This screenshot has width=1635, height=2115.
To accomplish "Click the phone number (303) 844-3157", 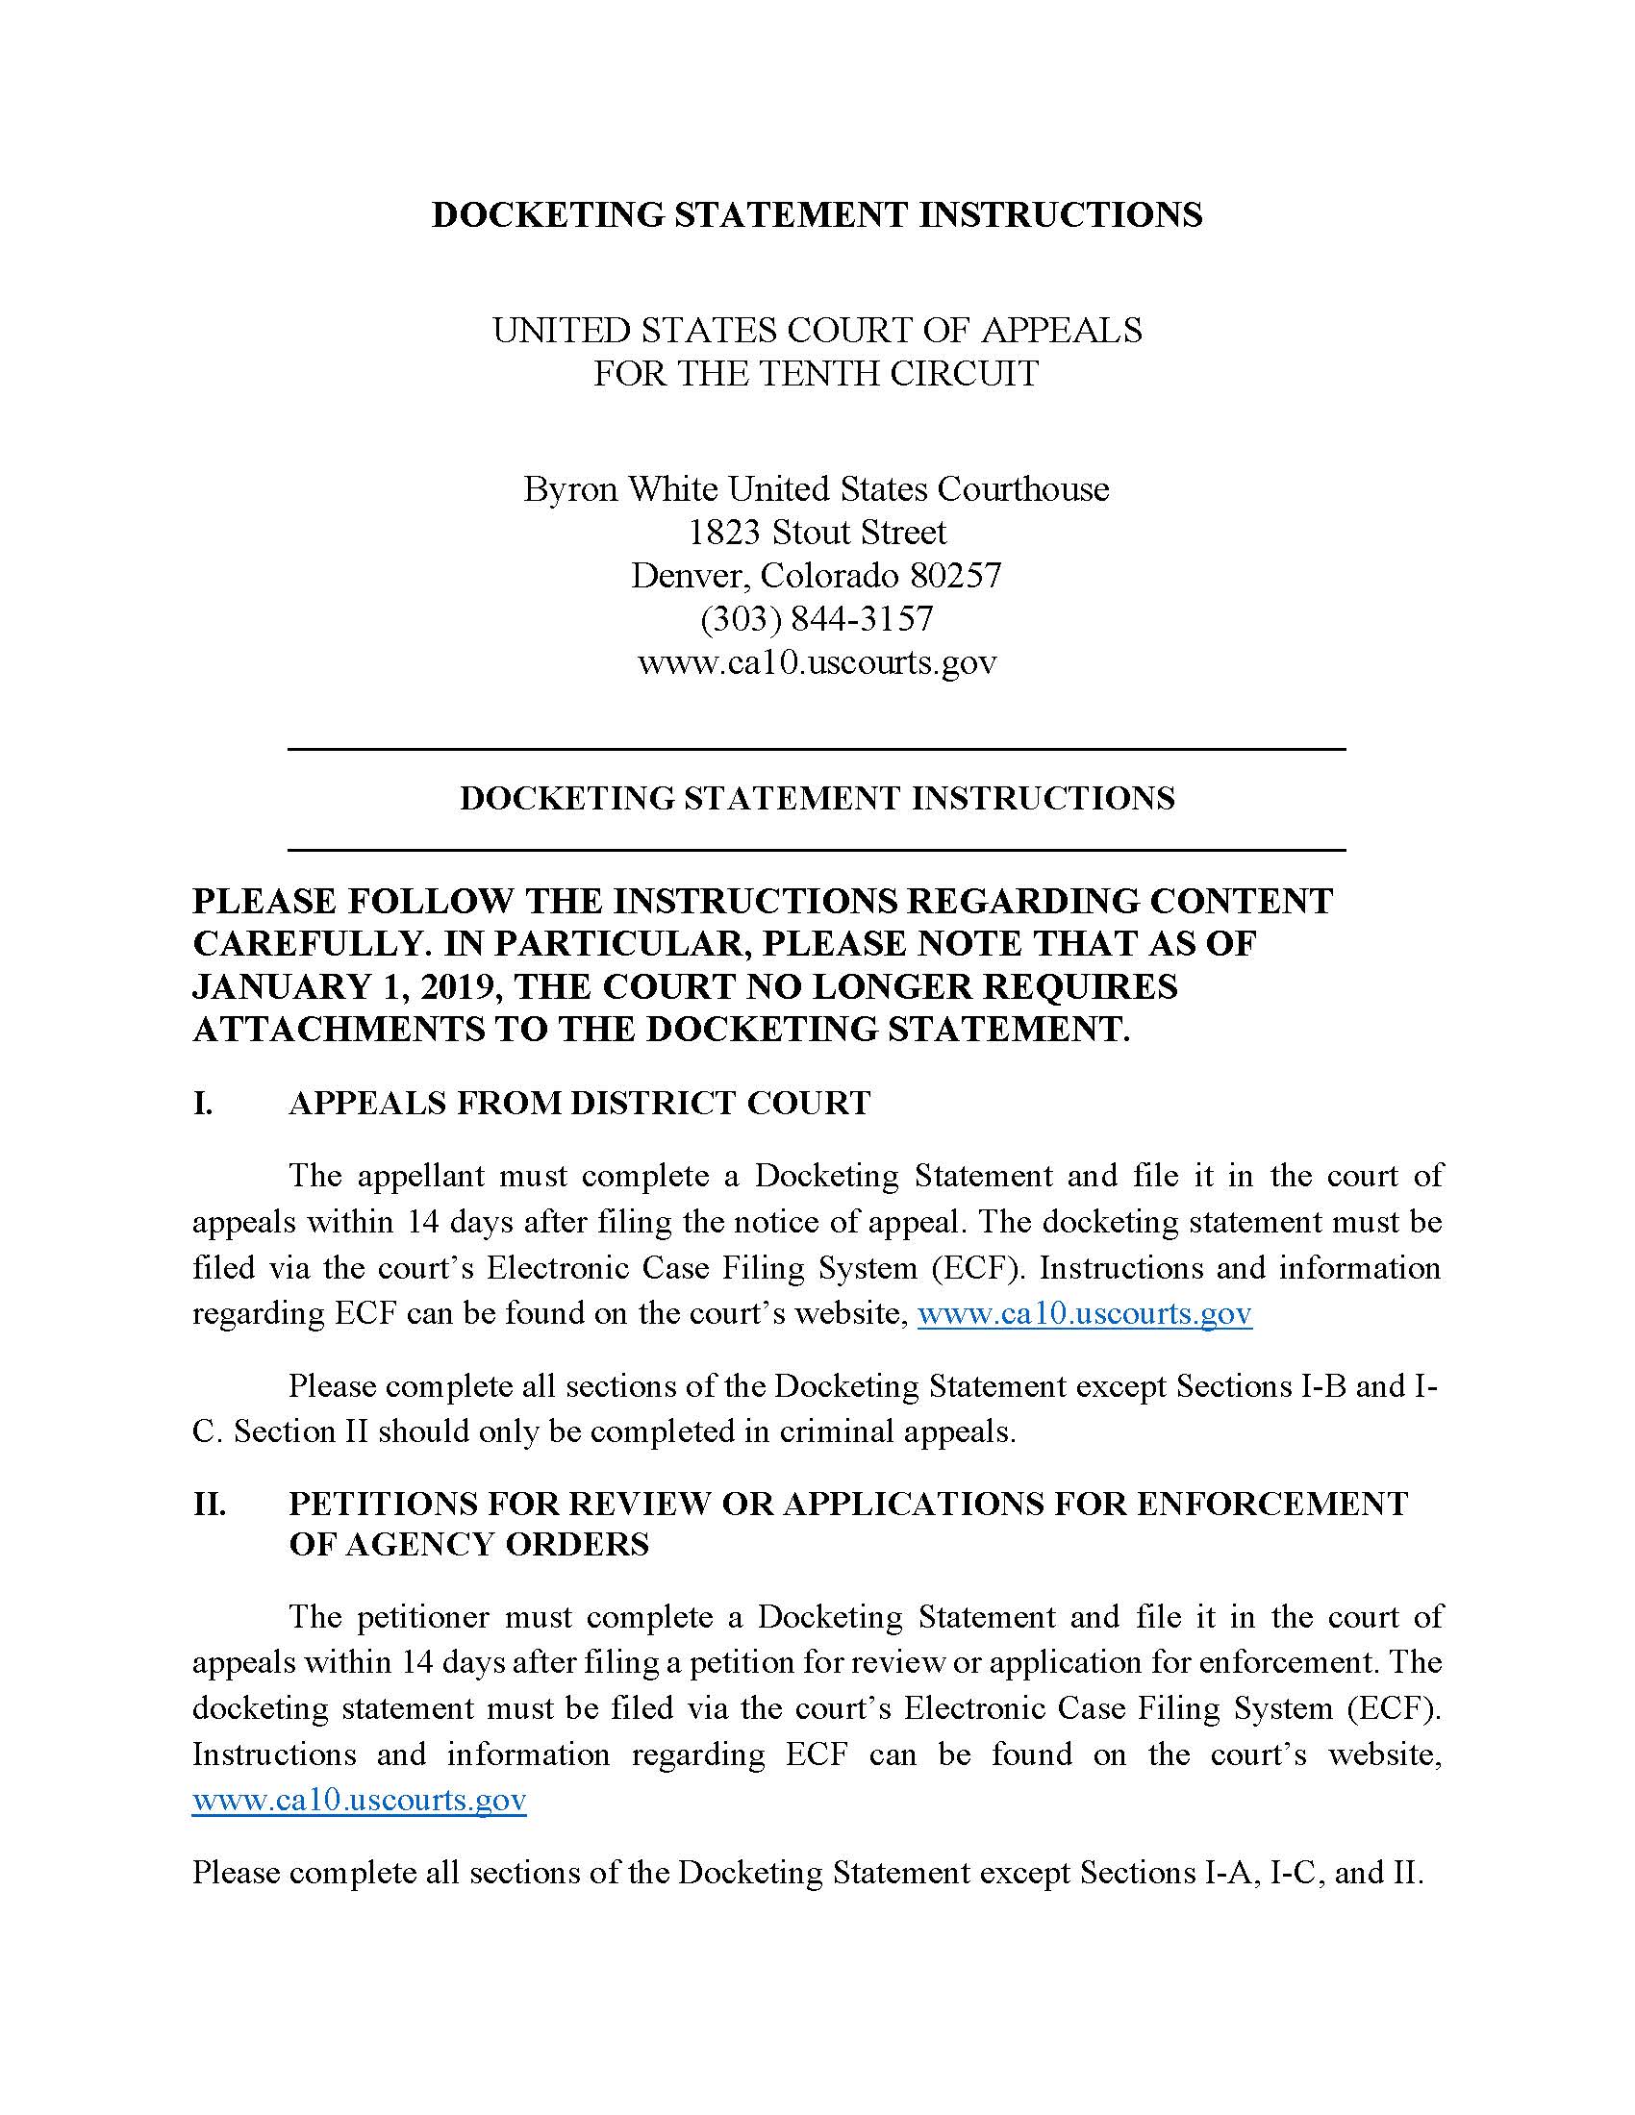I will point(817,619).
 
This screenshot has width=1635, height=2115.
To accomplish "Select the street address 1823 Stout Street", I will point(817,532).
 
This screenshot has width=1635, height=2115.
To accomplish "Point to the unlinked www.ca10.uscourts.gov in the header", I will point(817,662).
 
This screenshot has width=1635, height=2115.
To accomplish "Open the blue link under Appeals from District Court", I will point(1084,1314).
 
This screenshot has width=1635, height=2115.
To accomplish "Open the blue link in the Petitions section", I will point(360,1801).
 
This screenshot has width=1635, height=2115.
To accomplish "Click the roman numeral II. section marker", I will point(209,1504).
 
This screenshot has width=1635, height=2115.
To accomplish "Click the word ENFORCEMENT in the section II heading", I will point(1271,1504).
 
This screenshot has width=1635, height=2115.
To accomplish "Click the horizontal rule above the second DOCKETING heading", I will point(817,749).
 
